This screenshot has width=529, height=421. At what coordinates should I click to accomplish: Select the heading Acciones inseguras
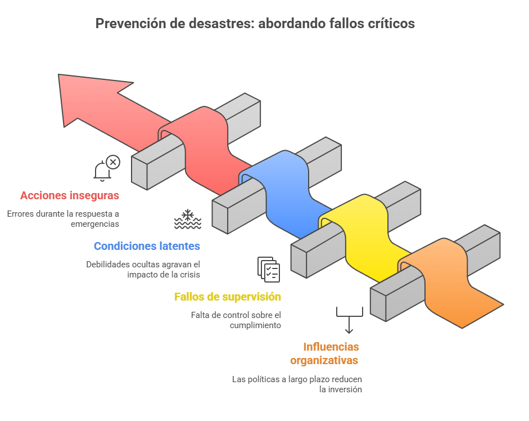click(70, 196)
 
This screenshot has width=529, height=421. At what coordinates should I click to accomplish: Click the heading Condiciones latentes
click(147, 246)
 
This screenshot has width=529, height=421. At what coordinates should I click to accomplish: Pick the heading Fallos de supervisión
click(228, 297)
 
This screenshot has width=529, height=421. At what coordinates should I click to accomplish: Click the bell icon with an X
click(106, 168)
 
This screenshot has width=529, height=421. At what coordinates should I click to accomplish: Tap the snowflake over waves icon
click(187, 219)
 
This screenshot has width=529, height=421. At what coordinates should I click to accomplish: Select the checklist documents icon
click(268, 268)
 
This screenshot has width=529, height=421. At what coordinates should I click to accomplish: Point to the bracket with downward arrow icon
click(349, 319)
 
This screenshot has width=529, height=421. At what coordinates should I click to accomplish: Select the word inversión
click(341, 389)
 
